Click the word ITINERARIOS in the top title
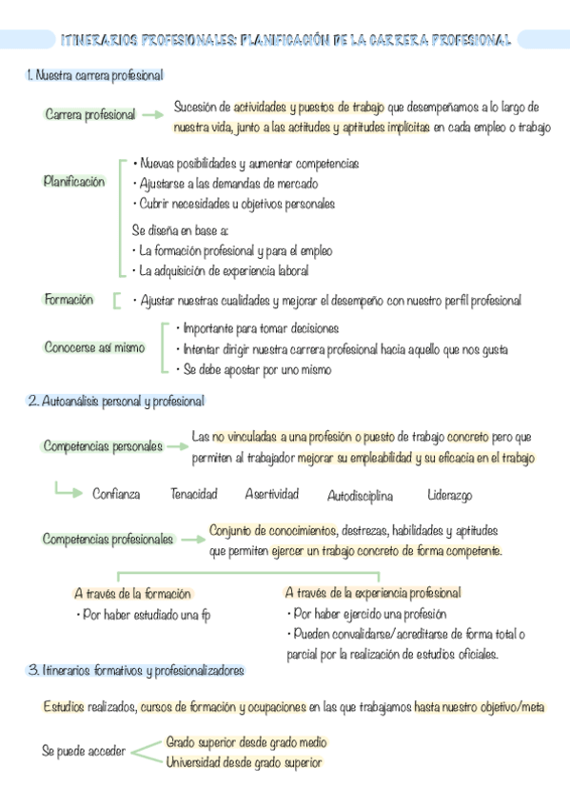98,41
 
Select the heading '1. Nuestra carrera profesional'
95,74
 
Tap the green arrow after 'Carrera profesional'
152,115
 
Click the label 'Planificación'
74,182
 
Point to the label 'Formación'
69,300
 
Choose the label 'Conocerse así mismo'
94,347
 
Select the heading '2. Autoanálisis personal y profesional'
116,402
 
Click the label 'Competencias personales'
103,446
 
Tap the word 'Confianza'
116,494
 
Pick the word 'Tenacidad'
193,494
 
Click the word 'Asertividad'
271,494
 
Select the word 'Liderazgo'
449,496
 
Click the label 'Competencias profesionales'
108,540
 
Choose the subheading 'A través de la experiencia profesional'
372,593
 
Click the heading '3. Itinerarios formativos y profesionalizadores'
135,671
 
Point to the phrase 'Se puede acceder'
84,751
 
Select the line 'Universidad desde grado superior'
244,762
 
